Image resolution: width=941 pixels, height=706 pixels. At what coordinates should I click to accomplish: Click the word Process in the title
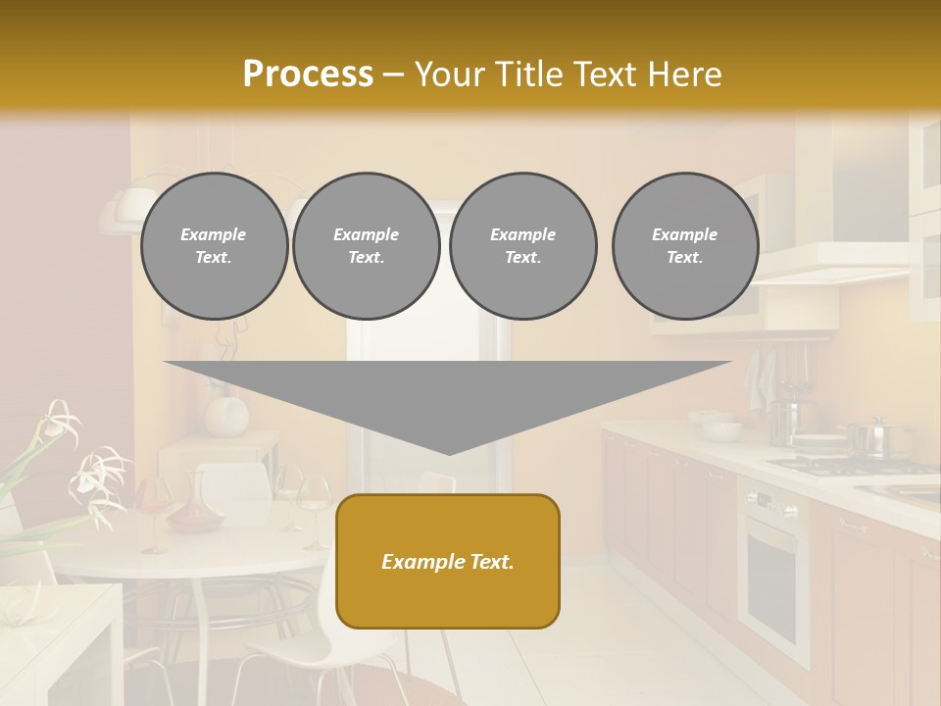click(x=308, y=74)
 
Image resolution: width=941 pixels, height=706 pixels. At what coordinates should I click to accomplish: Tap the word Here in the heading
click(x=685, y=74)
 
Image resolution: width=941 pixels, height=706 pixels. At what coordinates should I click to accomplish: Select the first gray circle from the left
click(x=214, y=246)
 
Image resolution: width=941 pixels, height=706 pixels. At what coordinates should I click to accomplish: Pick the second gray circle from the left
click(x=367, y=246)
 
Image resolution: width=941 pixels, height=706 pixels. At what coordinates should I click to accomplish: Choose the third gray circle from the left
click(x=522, y=246)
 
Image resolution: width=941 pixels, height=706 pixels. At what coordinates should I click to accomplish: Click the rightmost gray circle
click(x=685, y=246)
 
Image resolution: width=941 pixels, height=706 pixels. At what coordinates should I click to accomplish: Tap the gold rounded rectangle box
click(x=448, y=561)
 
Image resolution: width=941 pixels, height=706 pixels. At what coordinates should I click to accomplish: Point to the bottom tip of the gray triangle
click(x=449, y=452)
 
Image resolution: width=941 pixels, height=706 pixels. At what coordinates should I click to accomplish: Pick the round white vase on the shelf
click(x=226, y=413)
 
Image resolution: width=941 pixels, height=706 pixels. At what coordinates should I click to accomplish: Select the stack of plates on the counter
click(x=818, y=444)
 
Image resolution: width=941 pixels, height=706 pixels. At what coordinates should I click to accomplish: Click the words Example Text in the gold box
click(x=448, y=562)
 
